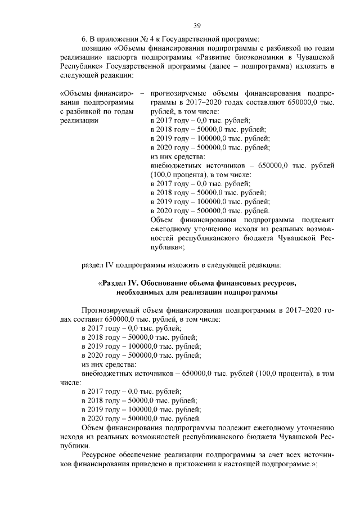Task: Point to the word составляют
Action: pyautogui.click(x=266, y=102)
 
